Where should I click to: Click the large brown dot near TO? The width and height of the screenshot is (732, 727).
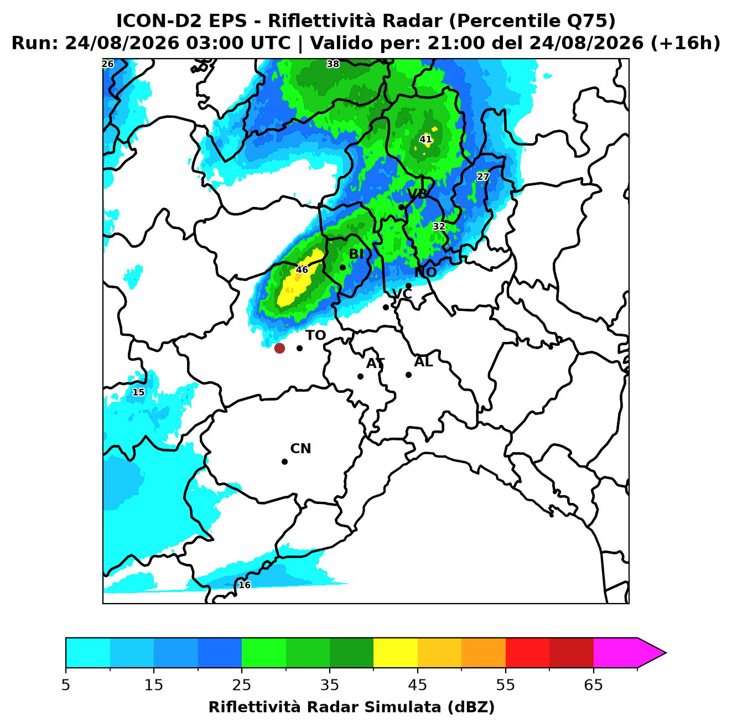pyautogui.click(x=279, y=347)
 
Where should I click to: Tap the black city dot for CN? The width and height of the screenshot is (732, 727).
pyautogui.click(x=284, y=461)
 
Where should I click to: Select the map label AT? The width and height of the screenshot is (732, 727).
pyautogui.click(x=375, y=364)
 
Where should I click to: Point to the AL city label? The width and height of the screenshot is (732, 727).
pyautogui.click(x=423, y=362)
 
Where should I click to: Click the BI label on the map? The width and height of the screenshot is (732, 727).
pyautogui.click(x=356, y=255)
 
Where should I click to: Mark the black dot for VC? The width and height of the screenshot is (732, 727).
pyautogui.click(x=386, y=307)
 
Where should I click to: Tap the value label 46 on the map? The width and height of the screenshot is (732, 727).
pyautogui.click(x=302, y=269)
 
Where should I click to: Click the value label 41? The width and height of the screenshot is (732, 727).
pyautogui.click(x=425, y=139)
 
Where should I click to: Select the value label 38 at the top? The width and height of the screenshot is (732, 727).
pyautogui.click(x=333, y=64)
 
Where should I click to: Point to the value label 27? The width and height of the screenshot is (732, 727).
pyautogui.click(x=483, y=176)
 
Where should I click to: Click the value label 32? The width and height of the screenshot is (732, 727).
pyautogui.click(x=439, y=226)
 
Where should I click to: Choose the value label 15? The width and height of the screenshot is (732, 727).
pyautogui.click(x=138, y=392)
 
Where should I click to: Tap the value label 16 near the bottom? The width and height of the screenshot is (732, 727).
pyautogui.click(x=244, y=584)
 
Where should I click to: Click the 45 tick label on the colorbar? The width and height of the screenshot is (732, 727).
pyautogui.click(x=418, y=685)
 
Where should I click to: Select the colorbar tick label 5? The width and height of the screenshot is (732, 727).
pyautogui.click(x=66, y=685)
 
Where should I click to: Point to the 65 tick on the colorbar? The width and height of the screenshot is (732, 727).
pyautogui.click(x=593, y=685)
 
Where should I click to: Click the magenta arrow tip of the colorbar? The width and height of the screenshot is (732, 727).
pyautogui.click(x=666, y=653)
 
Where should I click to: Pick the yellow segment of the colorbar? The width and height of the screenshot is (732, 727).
pyautogui.click(x=396, y=653)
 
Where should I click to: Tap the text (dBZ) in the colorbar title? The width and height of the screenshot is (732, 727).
pyautogui.click(x=471, y=707)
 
